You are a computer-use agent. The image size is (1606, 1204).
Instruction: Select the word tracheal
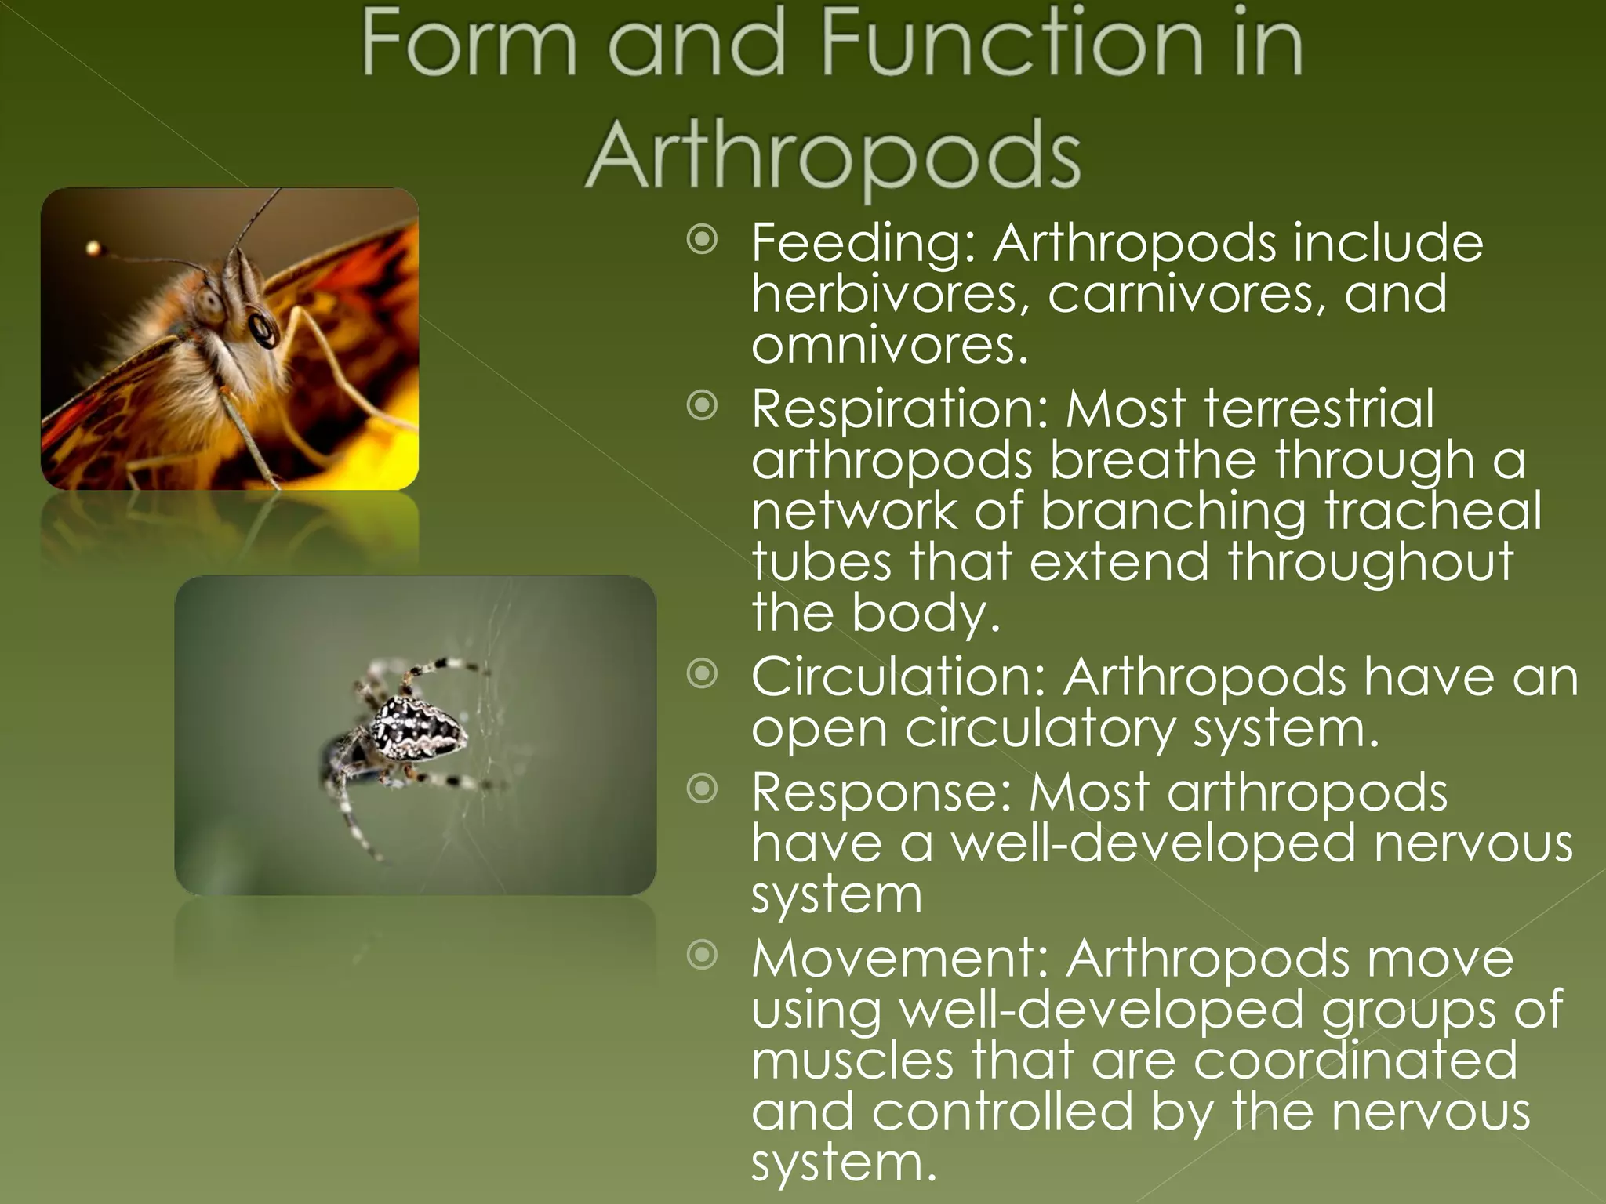(x=1433, y=510)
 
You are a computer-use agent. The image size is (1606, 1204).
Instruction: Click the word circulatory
(x=1040, y=729)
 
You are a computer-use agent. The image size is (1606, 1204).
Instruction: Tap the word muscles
(x=852, y=1060)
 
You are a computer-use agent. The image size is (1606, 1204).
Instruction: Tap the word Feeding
(x=863, y=243)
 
